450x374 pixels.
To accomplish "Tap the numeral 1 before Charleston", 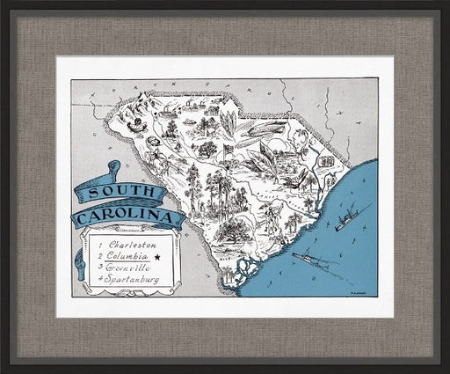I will (101, 243).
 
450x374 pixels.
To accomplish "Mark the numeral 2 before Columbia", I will (101, 255).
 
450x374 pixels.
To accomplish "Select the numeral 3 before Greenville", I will (101, 267).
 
